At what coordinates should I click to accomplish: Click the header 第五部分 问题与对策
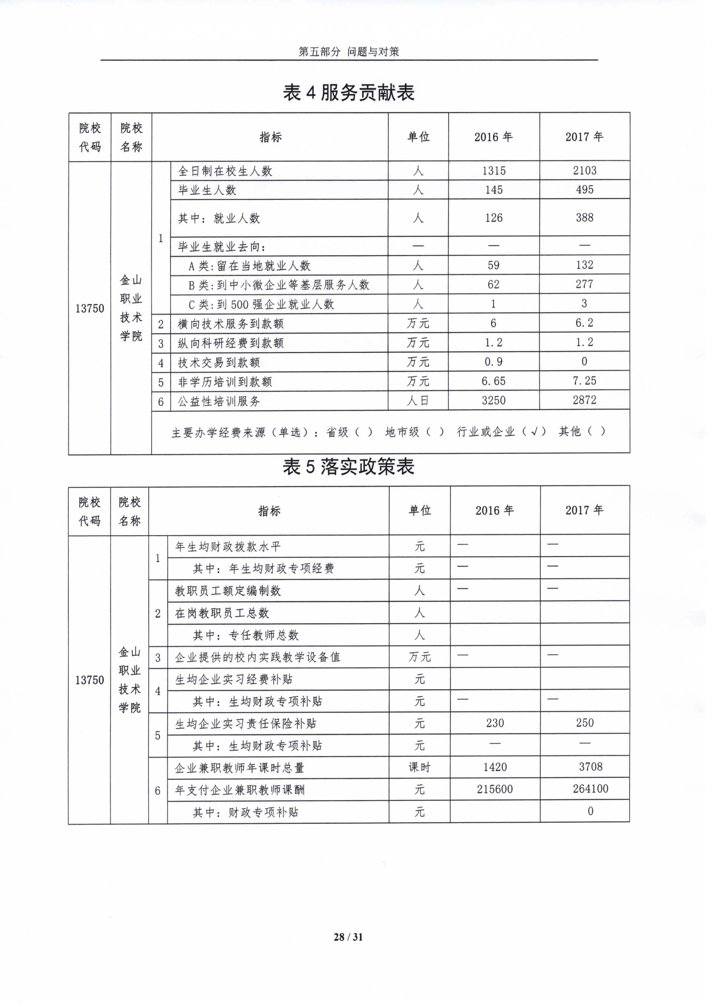(x=349, y=52)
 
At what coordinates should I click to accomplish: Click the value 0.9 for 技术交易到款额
(x=494, y=362)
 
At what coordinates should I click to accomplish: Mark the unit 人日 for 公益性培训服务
(x=418, y=400)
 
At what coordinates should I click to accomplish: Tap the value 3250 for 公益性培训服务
(x=494, y=400)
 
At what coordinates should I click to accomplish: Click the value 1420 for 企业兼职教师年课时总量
(x=495, y=767)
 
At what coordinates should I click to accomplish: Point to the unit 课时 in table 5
(x=419, y=767)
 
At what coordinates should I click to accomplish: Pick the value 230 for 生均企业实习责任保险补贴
(x=495, y=723)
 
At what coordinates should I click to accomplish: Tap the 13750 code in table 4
(x=90, y=308)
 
